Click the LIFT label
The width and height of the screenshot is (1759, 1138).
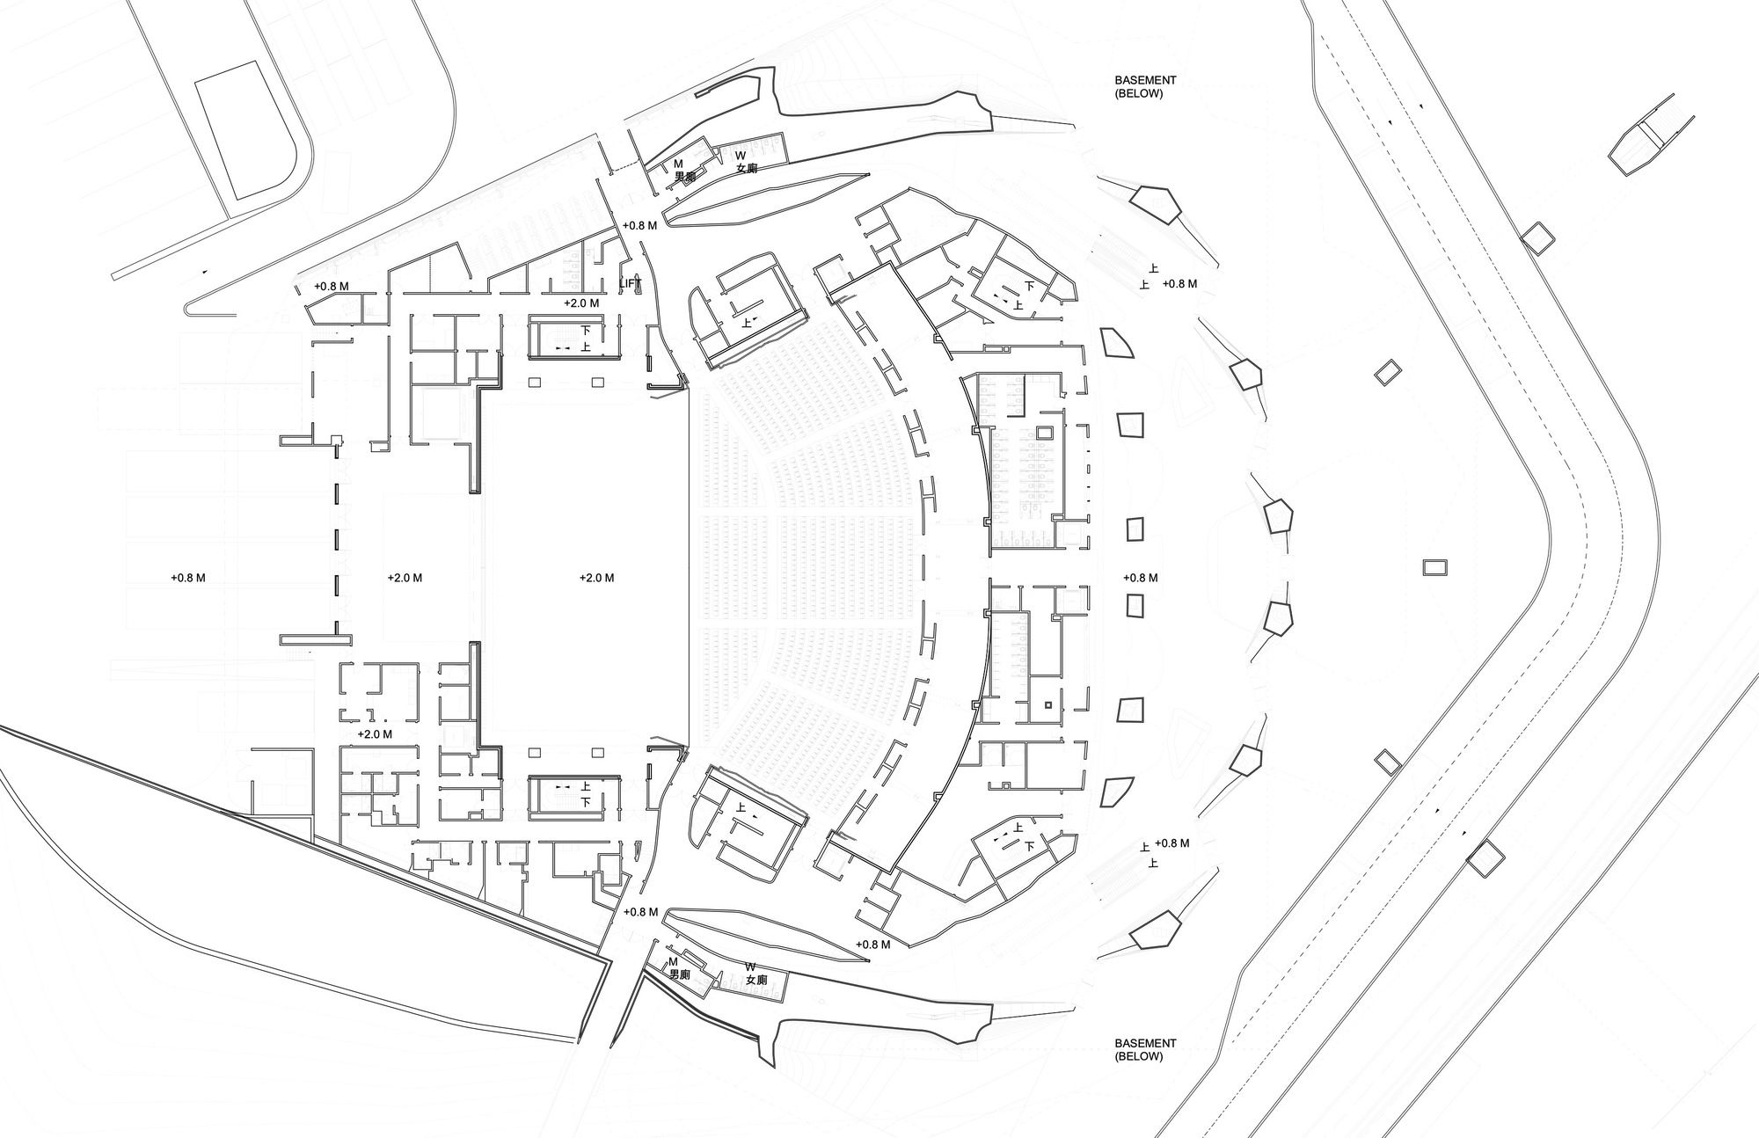[x=631, y=283]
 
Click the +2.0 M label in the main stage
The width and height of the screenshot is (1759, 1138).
[x=597, y=578]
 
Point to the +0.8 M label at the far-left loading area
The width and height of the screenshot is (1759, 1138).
[x=188, y=578]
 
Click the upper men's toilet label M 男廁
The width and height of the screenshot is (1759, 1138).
[x=684, y=170]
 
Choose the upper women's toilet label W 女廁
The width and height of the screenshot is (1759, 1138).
[x=746, y=162]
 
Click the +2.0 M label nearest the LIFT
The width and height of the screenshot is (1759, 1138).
[x=581, y=303]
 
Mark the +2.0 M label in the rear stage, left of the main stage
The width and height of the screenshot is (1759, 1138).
[x=405, y=578]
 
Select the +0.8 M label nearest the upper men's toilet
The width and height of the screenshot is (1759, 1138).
[x=639, y=225]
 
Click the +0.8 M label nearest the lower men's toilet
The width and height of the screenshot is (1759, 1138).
[x=640, y=912]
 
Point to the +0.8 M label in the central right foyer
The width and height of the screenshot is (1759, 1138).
[x=1141, y=578]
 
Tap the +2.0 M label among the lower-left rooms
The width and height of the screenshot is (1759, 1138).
[x=375, y=733]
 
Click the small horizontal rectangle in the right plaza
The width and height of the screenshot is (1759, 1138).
[x=1434, y=567]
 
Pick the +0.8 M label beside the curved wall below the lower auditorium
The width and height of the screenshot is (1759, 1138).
[x=872, y=945]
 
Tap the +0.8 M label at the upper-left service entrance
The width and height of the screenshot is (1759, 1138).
[x=331, y=286]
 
